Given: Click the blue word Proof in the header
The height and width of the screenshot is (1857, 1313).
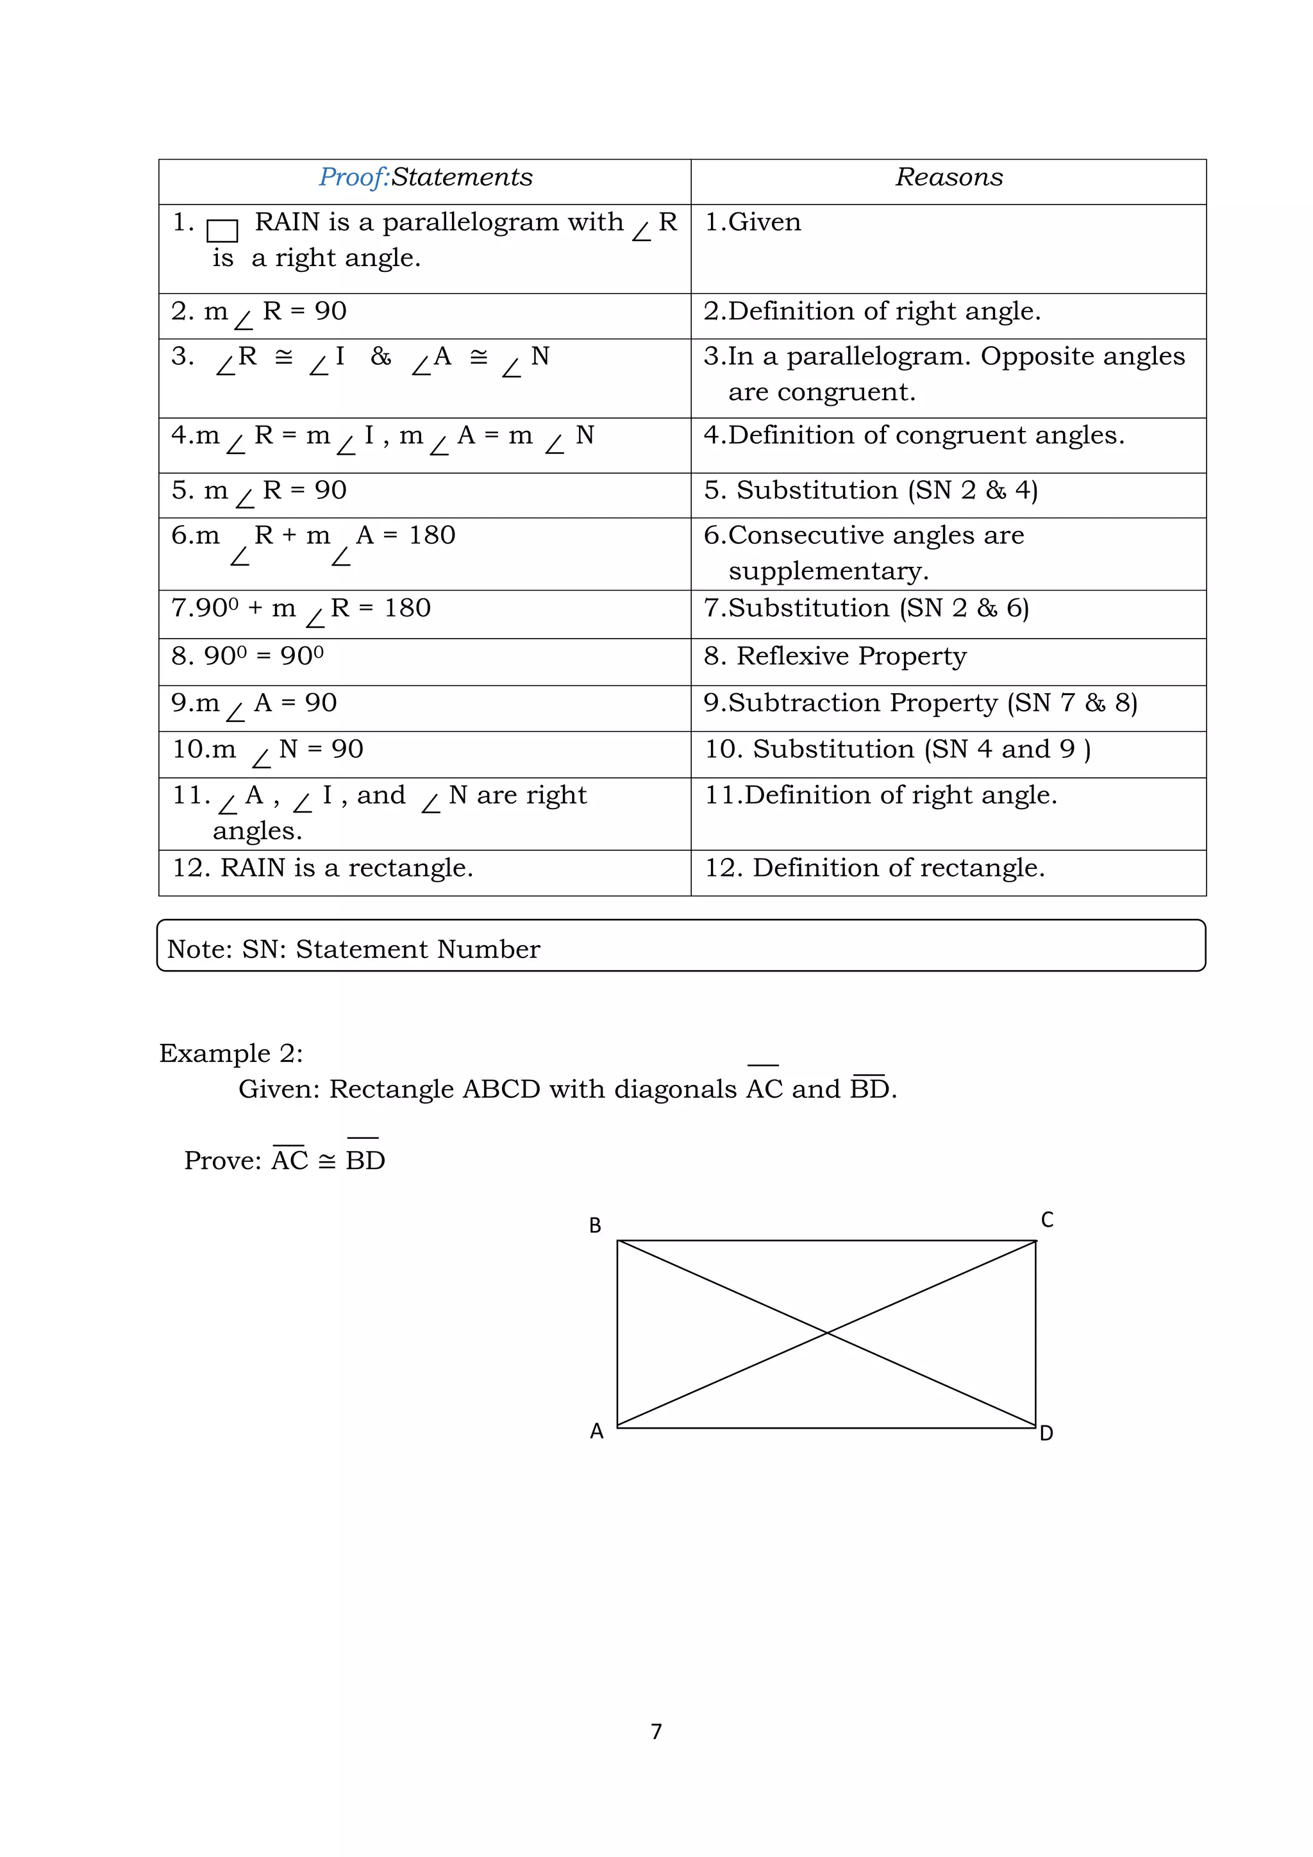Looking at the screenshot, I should (353, 177).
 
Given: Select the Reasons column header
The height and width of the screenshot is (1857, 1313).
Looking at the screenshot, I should (948, 177).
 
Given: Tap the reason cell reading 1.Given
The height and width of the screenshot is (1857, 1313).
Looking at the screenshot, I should (753, 223).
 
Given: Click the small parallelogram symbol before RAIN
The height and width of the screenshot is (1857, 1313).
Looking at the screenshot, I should (222, 230).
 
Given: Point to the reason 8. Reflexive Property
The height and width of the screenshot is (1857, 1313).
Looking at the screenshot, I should (835, 656).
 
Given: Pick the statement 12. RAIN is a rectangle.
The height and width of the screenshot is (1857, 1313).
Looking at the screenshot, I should (322, 868).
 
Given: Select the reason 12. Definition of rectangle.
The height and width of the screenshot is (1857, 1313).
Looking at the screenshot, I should (874, 868).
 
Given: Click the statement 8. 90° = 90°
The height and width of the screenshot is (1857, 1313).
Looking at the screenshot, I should (247, 656).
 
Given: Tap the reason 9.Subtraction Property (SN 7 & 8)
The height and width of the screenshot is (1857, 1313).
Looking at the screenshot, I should (920, 703).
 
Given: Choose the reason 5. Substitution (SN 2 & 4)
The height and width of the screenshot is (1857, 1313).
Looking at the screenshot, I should (871, 490).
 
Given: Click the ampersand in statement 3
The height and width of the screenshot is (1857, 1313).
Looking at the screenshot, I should (381, 357).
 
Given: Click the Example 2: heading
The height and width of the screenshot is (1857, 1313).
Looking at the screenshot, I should (231, 1053).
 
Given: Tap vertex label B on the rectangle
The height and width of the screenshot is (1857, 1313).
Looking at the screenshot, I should (595, 1225).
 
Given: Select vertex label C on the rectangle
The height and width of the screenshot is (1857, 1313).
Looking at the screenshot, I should (1047, 1220).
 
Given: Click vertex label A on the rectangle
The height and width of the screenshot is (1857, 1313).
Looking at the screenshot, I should (597, 1432).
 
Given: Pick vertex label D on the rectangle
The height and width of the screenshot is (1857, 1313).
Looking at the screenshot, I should (1046, 1433).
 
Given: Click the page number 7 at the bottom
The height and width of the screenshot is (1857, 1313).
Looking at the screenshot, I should (656, 1731).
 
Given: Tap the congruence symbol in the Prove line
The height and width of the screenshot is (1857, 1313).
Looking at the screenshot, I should (326, 1161).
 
